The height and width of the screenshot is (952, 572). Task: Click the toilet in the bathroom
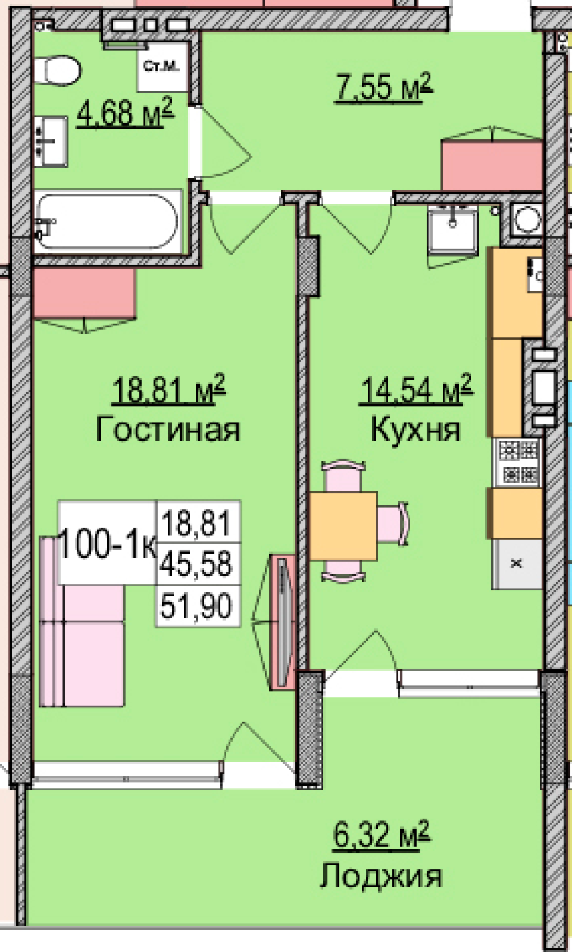click(x=57, y=70)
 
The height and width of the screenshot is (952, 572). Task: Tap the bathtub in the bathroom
click(x=108, y=221)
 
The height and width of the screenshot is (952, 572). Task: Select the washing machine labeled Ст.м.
click(x=162, y=67)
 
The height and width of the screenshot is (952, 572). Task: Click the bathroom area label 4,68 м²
click(x=125, y=112)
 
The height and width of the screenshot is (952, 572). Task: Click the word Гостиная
click(x=168, y=429)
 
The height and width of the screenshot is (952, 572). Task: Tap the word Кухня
click(x=415, y=430)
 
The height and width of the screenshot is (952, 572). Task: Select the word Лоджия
click(x=381, y=876)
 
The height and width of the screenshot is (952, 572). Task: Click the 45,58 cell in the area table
click(x=198, y=563)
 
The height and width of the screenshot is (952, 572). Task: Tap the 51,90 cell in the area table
click(x=198, y=606)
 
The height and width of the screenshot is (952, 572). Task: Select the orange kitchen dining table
click(x=343, y=526)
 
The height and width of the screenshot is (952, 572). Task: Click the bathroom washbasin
click(x=51, y=141)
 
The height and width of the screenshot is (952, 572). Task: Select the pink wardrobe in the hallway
click(x=492, y=166)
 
